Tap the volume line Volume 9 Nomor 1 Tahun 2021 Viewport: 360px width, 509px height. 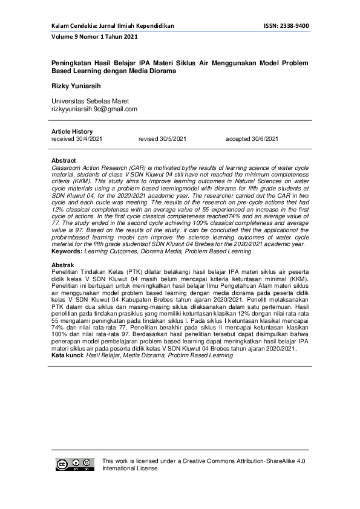pos(94,37)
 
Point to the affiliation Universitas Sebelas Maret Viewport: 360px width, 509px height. pos(90,101)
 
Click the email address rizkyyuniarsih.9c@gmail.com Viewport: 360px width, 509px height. pos(94,109)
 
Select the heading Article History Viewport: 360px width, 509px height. pos(72,132)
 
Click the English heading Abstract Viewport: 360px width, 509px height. pos(64,161)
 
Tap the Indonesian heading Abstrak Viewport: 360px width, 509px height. pos(63,265)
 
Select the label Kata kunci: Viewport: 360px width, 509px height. pos(67,355)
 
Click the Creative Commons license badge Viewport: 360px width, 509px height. pos(75,464)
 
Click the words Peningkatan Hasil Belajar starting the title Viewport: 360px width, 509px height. pos(91,63)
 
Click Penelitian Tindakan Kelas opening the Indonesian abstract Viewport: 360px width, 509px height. pos(86,271)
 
